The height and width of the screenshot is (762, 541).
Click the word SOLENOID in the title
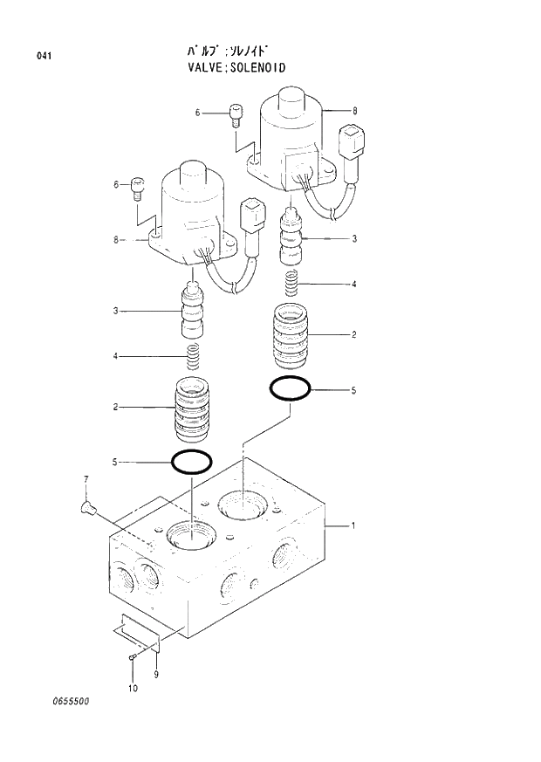coord(257,67)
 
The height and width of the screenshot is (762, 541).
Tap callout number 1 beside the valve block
coord(353,525)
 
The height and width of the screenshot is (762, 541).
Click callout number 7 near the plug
coord(86,480)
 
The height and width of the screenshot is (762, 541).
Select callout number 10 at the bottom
coord(132,690)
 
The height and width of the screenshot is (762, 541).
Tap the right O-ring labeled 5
coord(291,388)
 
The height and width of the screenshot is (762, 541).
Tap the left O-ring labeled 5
coord(190,461)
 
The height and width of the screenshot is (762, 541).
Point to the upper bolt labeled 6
coord(235,114)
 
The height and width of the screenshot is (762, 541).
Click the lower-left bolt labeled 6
coord(138,187)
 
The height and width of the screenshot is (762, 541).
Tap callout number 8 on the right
coord(354,112)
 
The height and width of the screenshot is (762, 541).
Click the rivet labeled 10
coord(131,657)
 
